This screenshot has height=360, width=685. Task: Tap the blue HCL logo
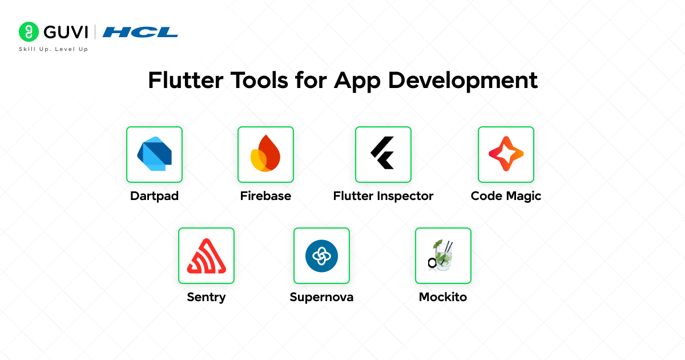click(140, 32)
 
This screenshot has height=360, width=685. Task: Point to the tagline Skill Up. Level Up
click(53, 49)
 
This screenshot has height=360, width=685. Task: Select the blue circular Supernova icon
click(321, 255)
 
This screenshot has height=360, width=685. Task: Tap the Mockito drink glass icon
click(442, 255)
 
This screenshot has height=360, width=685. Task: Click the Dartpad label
click(154, 196)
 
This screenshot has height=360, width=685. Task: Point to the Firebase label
click(265, 196)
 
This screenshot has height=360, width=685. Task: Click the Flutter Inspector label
click(383, 196)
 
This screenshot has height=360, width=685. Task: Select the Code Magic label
click(506, 196)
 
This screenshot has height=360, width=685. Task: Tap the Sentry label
click(206, 297)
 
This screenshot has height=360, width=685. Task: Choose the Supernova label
click(321, 297)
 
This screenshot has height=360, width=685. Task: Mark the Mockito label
click(442, 297)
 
